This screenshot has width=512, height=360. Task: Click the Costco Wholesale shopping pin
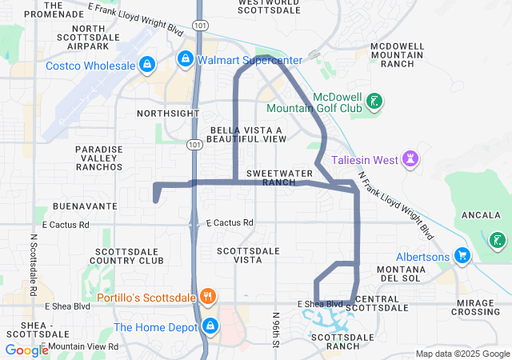coord(146,64)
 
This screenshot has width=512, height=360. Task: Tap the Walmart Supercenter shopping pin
coord(185,59)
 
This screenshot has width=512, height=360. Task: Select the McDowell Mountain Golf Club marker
coord(374,102)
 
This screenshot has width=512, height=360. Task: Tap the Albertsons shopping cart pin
coord(462,254)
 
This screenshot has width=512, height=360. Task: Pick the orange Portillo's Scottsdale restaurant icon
coord(207,297)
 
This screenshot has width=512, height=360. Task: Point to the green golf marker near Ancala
coord(498,239)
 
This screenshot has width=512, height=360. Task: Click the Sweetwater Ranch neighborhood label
coord(271,178)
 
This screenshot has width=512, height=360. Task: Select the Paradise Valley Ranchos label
coord(99,158)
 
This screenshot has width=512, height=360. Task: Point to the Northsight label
coord(168,114)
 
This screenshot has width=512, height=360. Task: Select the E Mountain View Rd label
coord(80,346)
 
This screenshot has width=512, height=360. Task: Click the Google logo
coord(26,350)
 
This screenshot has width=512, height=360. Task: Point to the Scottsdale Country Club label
coord(127,255)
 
